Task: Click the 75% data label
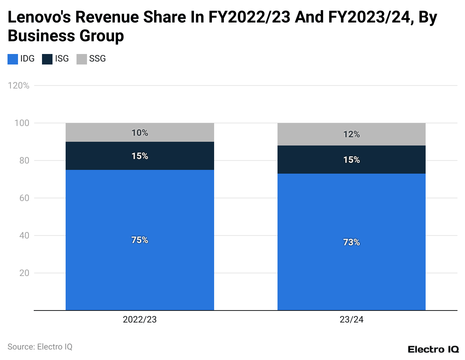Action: tap(139, 240)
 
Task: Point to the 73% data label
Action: tap(351, 242)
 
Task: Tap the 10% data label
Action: tap(139, 133)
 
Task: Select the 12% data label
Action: tap(351, 134)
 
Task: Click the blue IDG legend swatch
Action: tap(13, 59)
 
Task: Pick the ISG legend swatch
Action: tap(47, 59)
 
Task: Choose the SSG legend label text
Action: tap(97, 59)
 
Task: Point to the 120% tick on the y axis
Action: tap(18, 85)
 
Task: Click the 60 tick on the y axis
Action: tap(24, 198)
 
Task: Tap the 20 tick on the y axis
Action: tap(24, 273)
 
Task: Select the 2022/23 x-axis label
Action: tap(139, 319)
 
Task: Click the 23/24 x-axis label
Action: tap(351, 319)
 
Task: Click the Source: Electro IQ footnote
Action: tap(40, 347)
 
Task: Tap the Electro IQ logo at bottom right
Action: tap(433, 349)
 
